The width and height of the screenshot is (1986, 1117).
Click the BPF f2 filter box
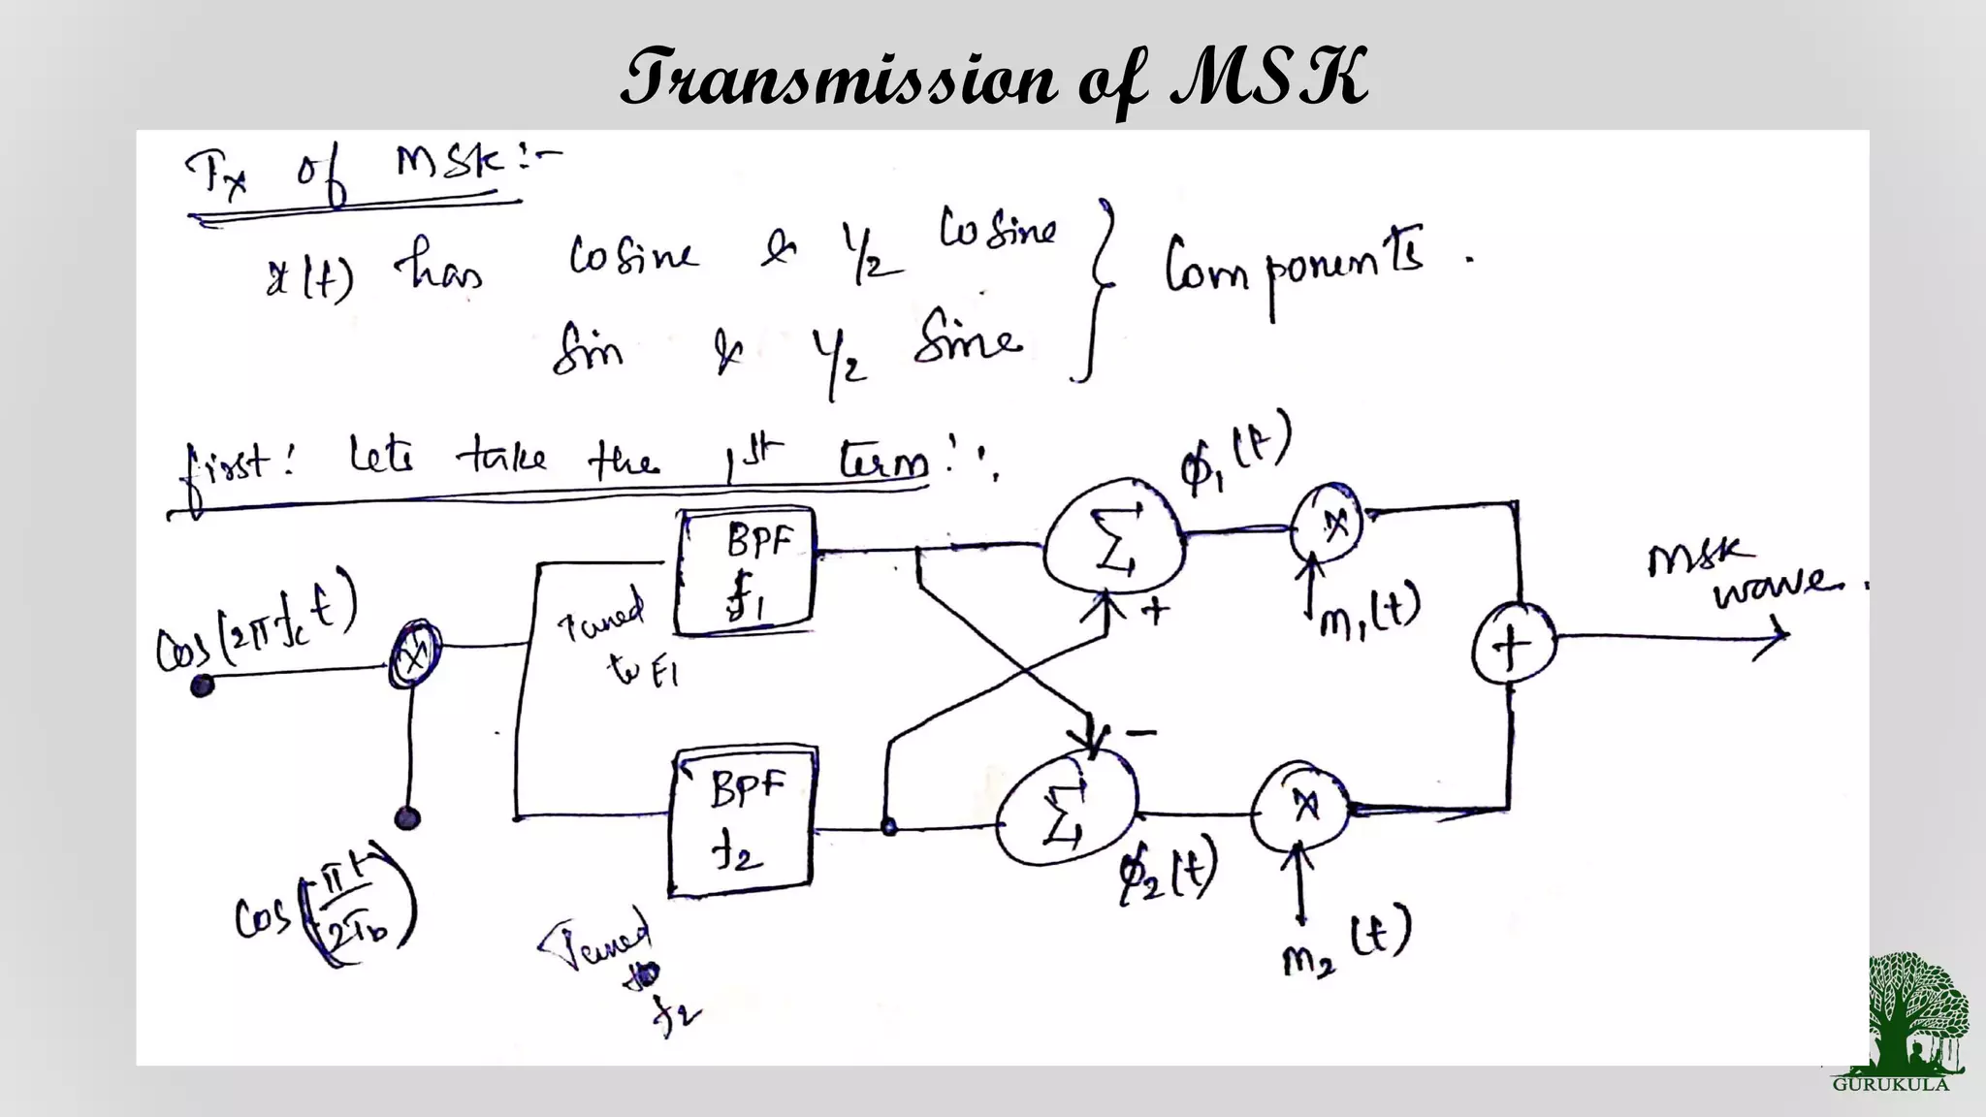coord(742,819)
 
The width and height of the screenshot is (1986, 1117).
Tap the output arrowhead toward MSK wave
coord(1778,635)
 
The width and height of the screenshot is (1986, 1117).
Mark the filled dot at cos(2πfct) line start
coord(202,686)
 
